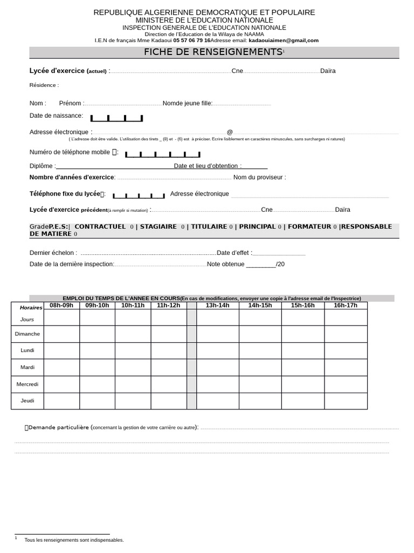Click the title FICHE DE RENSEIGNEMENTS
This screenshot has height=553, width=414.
pyautogui.click(x=213, y=52)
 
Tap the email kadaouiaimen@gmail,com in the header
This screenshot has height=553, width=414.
pyautogui.click(x=283, y=40)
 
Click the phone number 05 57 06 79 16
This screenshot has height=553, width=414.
pyautogui.click(x=192, y=40)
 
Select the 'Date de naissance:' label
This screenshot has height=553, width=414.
pyautogui.click(x=56, y=116)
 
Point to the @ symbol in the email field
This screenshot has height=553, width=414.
pyautogui.click(x=230, y=132)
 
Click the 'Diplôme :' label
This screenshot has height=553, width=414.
pyautogui.click(x=42, y=166)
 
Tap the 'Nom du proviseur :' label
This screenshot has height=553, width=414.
pyautogui.click(x=259, y=177)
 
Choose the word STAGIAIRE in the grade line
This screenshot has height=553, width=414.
pyautogui.click(x=158, y=227)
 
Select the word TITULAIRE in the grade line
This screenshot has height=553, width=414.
pyautogui.click(x=209, y=227)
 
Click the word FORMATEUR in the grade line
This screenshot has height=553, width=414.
pyautogui.click(x=309, y=227)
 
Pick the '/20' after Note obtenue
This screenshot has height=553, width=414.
pyautogui.click(x=280, y=264)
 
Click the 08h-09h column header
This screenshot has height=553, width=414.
pyautogui.click(x=61, y=306)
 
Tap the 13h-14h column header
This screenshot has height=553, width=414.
pyautogui.click(x=217, y=306)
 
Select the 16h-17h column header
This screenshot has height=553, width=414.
pyautogui.click(x=346, y=306)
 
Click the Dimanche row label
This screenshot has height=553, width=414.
pyautogui.click(x=27, y=334)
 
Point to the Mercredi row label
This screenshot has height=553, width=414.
pyautogui.click(x=27, y=384)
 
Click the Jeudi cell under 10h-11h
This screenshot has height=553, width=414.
pyautogui.click(x=133, y=401)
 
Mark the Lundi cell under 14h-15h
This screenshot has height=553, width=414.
pyautogui.click(x=260, y=350)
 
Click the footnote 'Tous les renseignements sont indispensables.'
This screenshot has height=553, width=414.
pyautogui.click(x=74, y=539)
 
